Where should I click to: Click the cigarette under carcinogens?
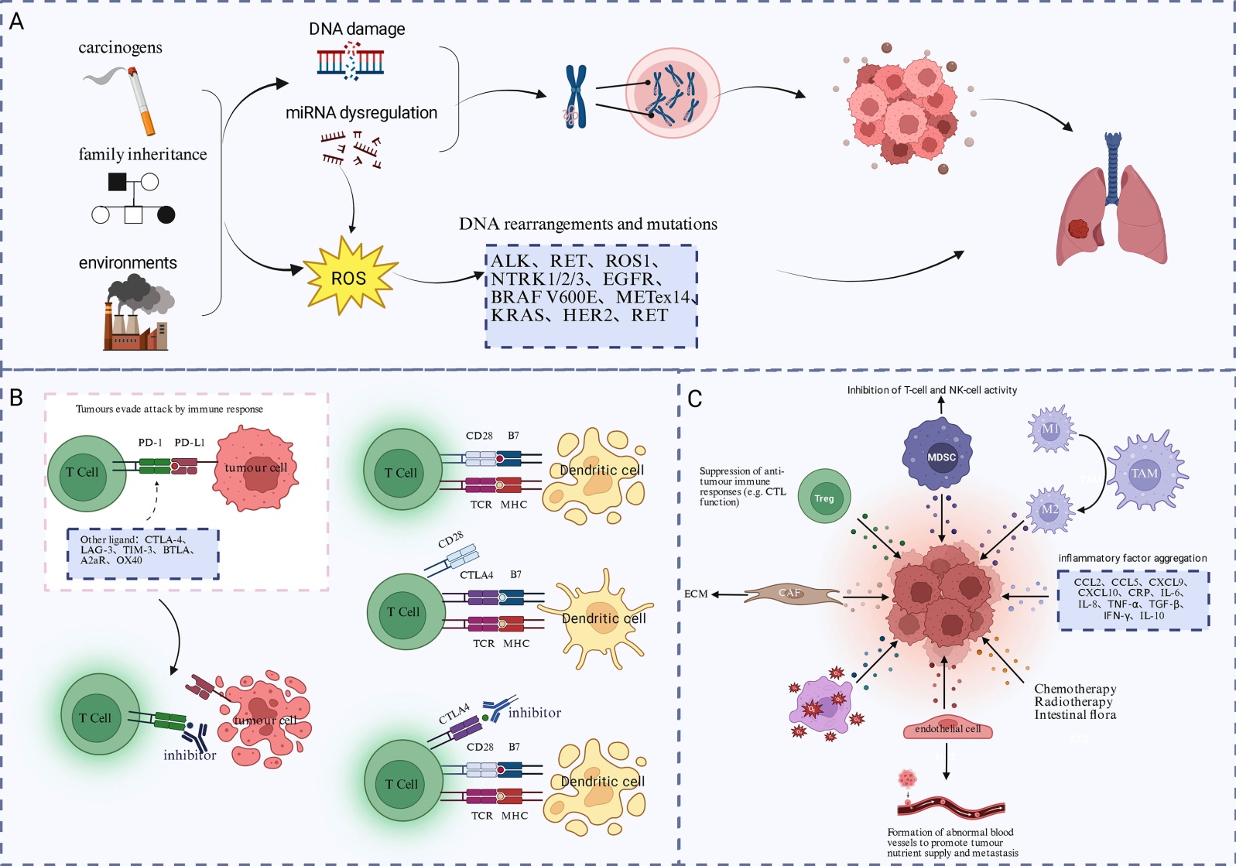(x=141, y=101)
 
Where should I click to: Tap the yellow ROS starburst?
(x=348, y=277)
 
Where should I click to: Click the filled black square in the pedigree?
(x=117, y=182)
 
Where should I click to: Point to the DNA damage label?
(x=357, y=29)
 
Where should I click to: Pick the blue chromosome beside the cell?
(x=575, y=96)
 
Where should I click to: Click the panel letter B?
(x=16, y=398)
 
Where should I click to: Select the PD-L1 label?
(x=190, y=443)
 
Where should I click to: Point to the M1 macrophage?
(x=1050, y=429)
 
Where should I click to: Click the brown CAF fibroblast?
(x=792, y=594)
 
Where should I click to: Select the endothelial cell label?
(x=947, y=729)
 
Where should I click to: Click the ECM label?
(x=696, y=594)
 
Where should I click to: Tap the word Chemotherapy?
(x=1075, y=689)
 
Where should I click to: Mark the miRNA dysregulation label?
(x=361, y=113)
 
